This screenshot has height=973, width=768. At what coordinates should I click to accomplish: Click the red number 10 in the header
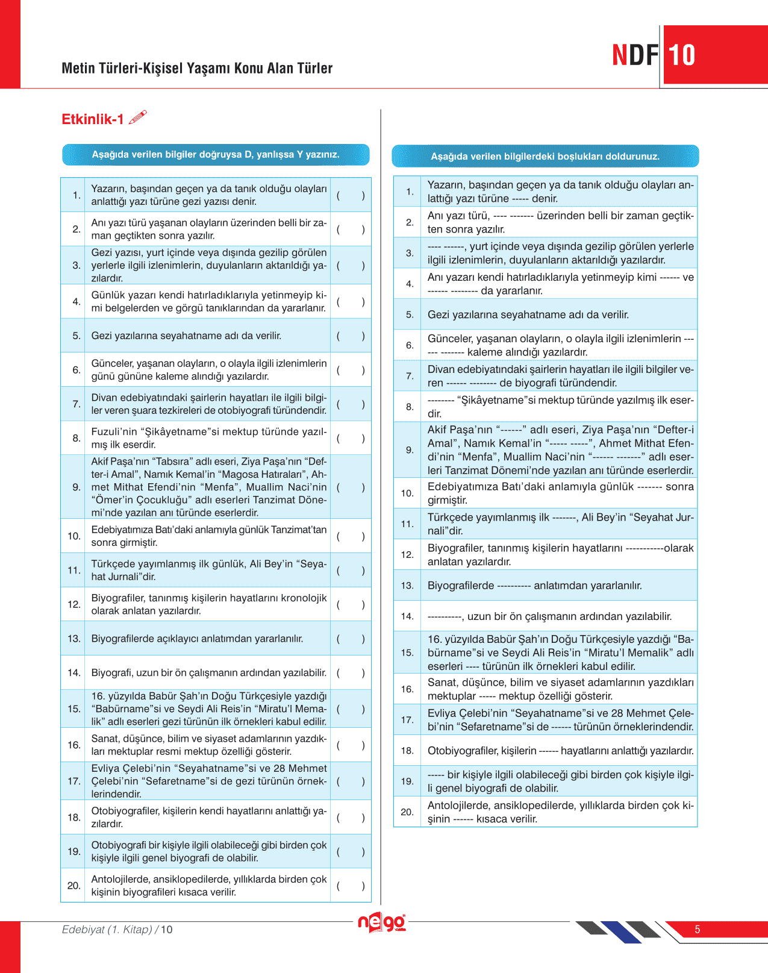[x=681, y=55]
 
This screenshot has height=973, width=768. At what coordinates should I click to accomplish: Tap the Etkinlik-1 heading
[x=92, y=119]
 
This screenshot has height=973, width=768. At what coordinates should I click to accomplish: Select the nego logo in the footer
[x=382, y=922]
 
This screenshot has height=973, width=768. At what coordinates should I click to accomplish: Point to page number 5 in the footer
[x=697, y=930]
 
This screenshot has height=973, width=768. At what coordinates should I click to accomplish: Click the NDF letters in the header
[x=635, y=55]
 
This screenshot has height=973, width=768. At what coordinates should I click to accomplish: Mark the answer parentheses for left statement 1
[x=351, y=195]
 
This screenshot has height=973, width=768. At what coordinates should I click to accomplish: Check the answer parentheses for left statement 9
[x=351, y=487]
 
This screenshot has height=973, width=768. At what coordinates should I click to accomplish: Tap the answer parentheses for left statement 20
[x=351, y=886]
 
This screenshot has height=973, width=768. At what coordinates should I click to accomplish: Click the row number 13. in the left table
[x=74, y=639]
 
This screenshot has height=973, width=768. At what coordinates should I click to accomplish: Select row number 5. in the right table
[x=410, y=314]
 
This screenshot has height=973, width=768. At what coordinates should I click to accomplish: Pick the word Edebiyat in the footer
[x=83, y=930]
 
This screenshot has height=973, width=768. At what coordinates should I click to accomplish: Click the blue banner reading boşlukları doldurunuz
[x=545, y=156]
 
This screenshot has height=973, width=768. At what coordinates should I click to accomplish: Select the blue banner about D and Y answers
[x=216, y=154]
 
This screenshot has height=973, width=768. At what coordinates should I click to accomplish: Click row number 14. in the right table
[x=407, y=616]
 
